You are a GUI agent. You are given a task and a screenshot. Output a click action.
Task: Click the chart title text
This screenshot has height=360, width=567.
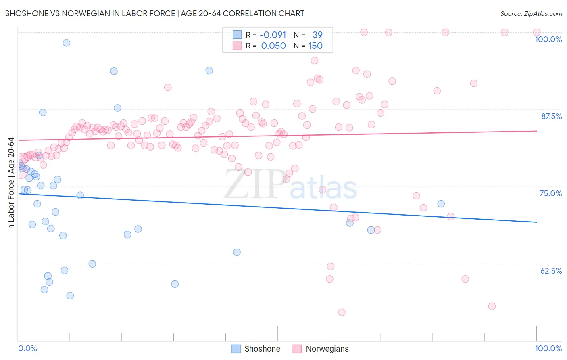[154, 13]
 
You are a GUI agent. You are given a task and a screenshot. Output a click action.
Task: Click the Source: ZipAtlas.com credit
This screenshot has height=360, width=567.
[531, 14]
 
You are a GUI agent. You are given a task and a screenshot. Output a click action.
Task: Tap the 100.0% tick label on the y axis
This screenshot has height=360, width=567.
[548, 39]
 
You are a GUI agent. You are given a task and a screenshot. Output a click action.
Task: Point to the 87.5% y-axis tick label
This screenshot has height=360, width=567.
[551, 116]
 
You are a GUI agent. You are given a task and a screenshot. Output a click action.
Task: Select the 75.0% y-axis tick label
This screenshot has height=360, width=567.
[550, 193]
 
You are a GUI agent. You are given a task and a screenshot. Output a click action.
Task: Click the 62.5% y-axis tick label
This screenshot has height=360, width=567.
[551, 271]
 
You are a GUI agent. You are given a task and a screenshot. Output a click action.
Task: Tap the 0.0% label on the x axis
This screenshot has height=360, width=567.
[27, 348]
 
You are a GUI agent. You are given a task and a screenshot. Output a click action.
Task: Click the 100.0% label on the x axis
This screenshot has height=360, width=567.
[548, 348]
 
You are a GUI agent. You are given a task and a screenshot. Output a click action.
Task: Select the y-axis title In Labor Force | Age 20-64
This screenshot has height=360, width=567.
[11, 184]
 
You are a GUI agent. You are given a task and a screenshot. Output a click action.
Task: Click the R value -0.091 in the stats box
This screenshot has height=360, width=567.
[273, 35]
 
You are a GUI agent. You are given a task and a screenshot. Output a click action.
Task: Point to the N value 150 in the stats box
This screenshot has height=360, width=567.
[315, 46]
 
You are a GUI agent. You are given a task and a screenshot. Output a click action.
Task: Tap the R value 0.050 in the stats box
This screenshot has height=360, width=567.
[273, 46]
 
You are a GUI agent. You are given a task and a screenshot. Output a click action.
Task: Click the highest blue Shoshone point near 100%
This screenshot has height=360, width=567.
[67, 43]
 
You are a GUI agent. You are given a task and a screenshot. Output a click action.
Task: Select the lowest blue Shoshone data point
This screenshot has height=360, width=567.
[70, 296]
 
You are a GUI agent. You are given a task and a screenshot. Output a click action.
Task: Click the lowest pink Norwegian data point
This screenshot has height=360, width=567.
[342, 312]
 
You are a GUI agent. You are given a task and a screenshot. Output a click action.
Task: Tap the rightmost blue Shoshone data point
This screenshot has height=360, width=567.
[441, 204]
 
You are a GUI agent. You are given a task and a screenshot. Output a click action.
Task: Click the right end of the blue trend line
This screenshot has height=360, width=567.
[536, 222]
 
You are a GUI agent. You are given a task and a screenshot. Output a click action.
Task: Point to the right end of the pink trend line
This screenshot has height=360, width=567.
[536, 131]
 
